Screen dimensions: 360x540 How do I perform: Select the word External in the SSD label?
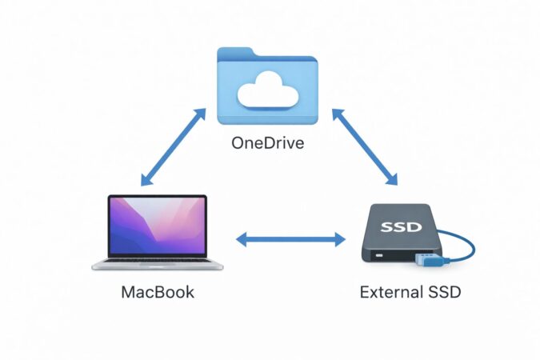[387, 293]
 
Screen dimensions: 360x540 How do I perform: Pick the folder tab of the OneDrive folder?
[235, 54]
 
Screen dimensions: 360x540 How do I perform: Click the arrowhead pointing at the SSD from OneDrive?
[393, 179]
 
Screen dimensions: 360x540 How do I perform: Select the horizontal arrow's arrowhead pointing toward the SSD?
[339, 238]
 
